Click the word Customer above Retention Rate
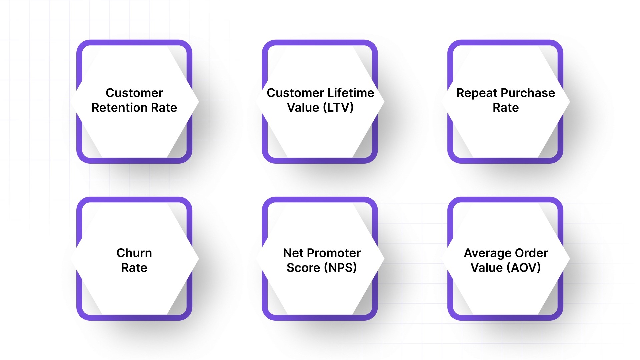[134, 93]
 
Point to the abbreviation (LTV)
[338, 108]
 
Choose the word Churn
[134, 253]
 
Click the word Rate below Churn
[134, 268]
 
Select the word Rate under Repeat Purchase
[506, 108]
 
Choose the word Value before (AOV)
[486, 268]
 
